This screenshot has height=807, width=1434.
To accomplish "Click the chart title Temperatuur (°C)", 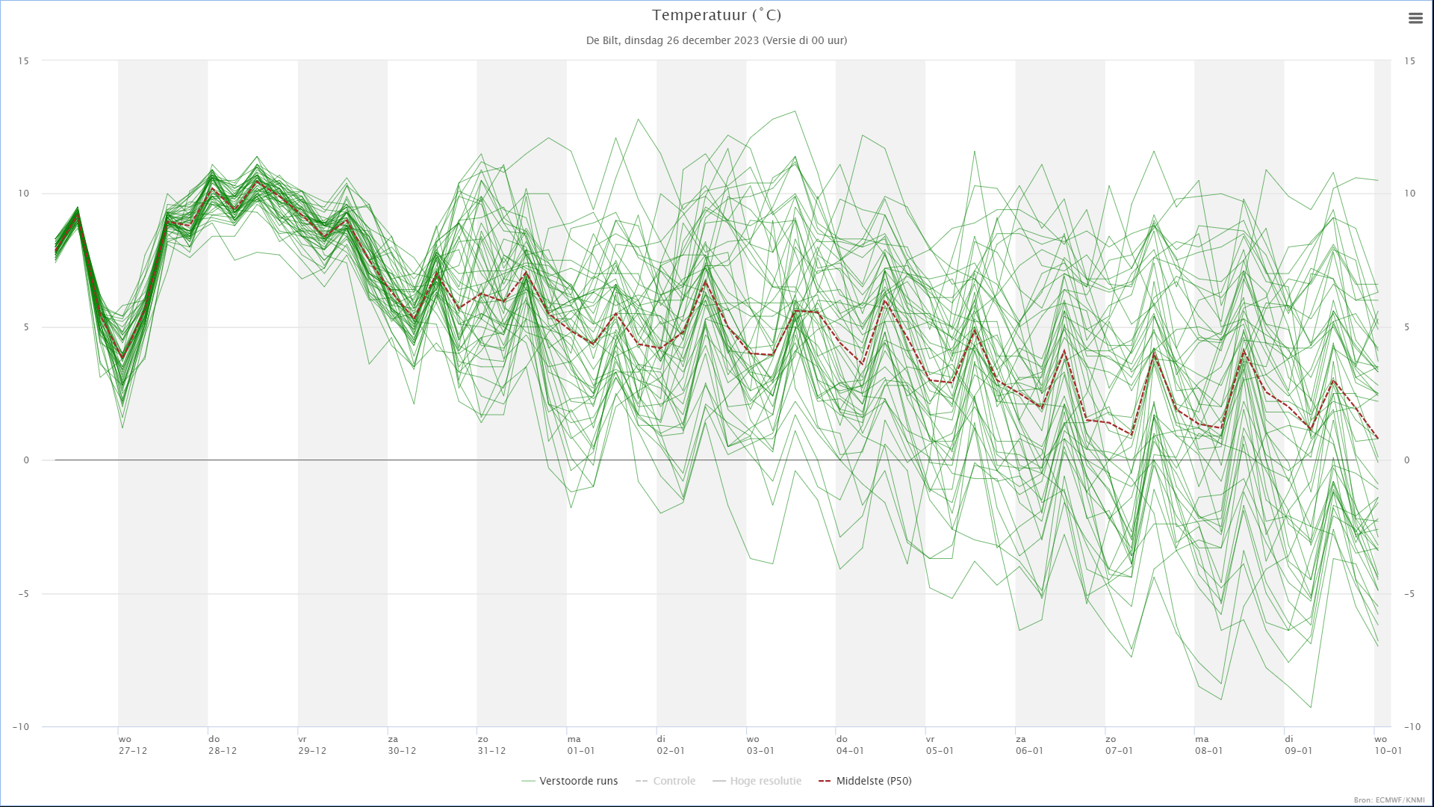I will tap(716, 15).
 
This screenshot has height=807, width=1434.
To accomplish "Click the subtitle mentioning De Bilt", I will tap(716, 40).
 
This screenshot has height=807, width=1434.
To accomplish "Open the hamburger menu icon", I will tap(1415, 19).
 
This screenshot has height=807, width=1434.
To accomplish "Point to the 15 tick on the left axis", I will tap(23, 61).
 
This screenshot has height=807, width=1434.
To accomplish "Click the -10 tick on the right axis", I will tap(1412, 726).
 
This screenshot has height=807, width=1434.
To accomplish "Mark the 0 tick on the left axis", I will tap(26, 460).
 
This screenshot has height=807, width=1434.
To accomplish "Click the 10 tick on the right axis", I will tap(1409, 194).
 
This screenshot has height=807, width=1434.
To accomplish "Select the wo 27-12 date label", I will tap(133, 745).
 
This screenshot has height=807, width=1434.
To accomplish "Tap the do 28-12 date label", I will tap(223, 745).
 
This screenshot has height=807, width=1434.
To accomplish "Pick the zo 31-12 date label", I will tap(491, 745).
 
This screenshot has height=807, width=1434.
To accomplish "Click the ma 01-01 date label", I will tap(581, 745).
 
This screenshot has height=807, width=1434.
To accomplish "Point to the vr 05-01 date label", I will tap(940, 745).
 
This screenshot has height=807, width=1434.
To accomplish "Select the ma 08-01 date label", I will tap(1208, 745).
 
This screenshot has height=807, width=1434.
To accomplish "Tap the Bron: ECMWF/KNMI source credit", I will tap(1388, 800).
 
